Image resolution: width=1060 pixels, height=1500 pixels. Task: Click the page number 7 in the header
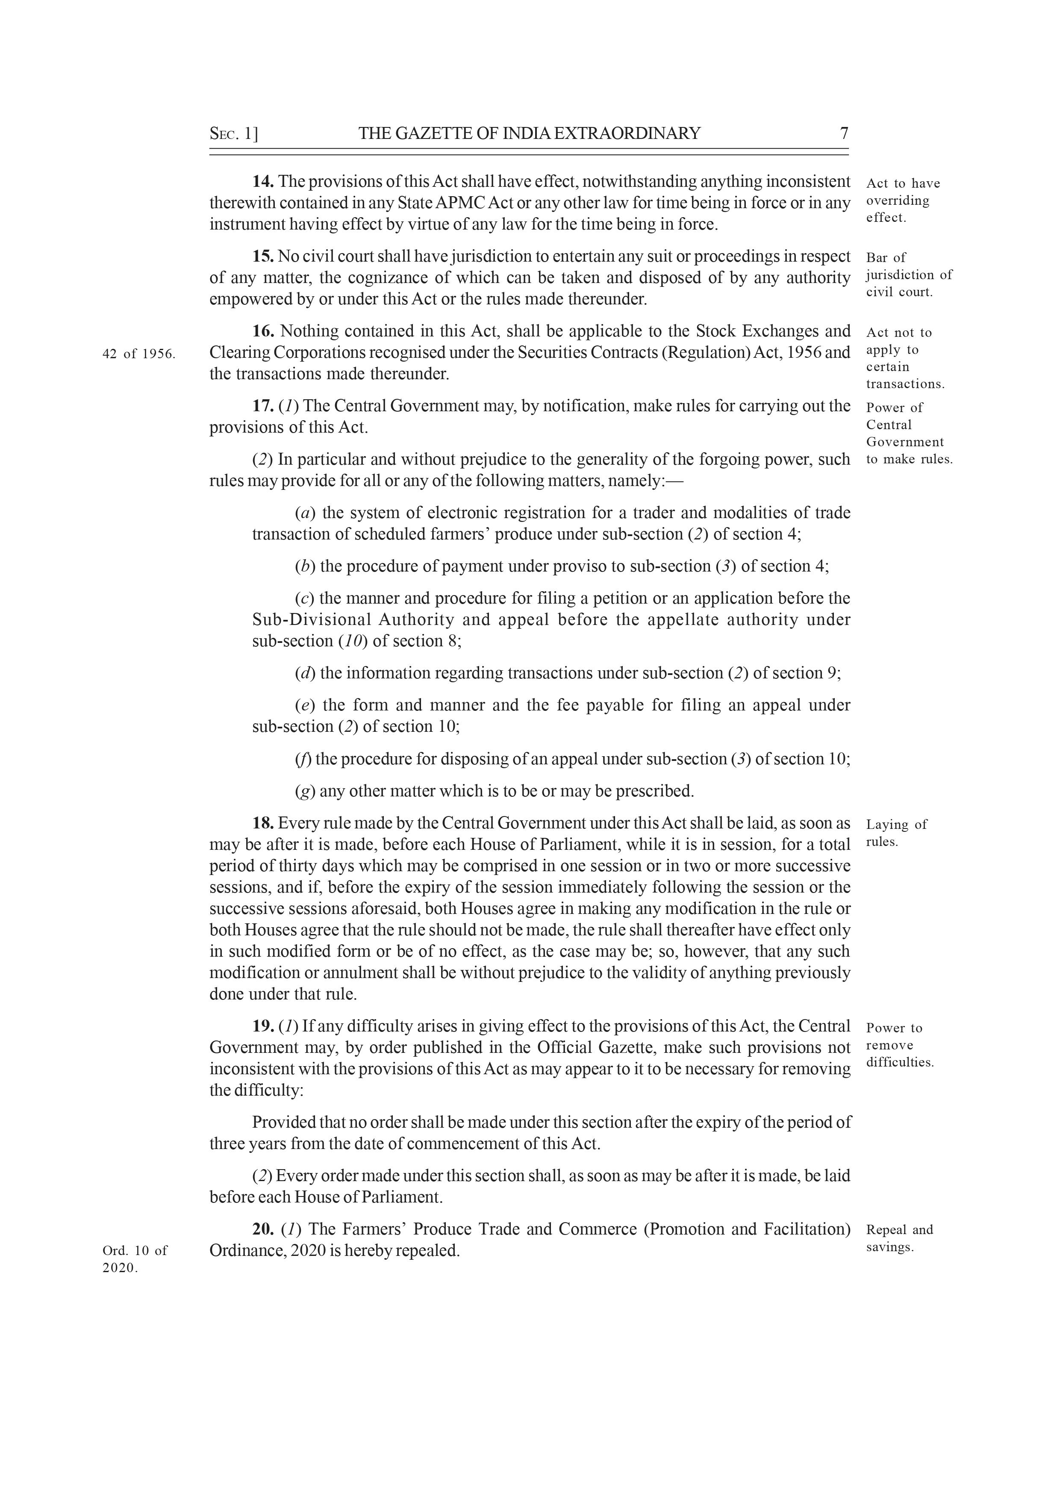[844, 133]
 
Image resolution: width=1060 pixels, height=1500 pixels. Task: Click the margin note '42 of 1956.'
[139, 354]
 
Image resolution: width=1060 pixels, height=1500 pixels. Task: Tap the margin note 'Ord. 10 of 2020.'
[135, 1259]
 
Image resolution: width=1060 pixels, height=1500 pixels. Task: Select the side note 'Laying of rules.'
[896, 833]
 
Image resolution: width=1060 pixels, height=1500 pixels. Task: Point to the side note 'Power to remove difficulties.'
[899, 1045]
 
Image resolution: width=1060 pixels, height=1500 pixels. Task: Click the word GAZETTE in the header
[434, 133]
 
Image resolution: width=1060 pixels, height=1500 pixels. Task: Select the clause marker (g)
[304, 791]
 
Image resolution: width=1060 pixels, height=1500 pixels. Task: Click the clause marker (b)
[304, 566]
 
